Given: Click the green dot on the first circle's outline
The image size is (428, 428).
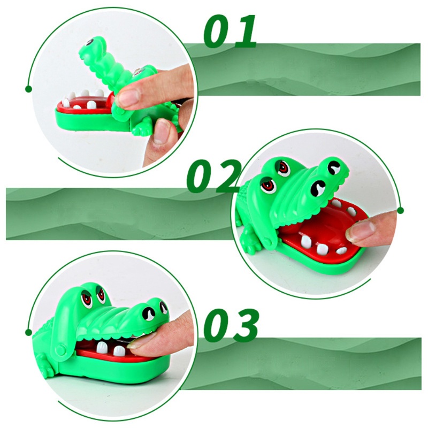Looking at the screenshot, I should point(28,89).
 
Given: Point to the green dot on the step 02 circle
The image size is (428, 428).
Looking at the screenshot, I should point(401,210).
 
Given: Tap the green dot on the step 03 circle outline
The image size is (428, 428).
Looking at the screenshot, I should point(28,332).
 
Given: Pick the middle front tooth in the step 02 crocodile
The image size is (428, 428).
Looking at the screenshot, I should point(323,248).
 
